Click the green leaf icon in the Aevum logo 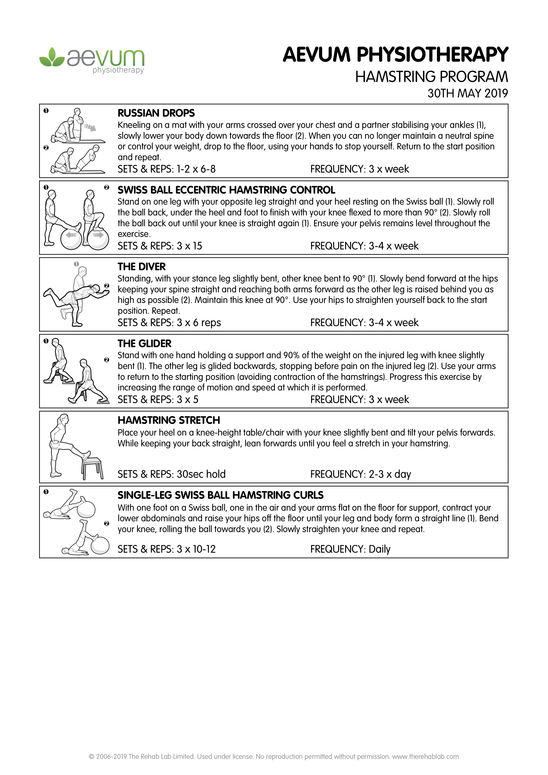52,57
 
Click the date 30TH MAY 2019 468,93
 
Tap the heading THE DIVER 142,267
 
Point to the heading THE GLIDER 145,344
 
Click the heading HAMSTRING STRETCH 169,420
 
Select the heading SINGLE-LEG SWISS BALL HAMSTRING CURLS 221,495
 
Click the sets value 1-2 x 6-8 196,169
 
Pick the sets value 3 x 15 189,246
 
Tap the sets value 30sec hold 201,474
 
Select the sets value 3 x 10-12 196,549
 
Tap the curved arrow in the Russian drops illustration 90,127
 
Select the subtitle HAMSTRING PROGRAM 432,77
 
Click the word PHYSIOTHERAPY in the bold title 433,55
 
